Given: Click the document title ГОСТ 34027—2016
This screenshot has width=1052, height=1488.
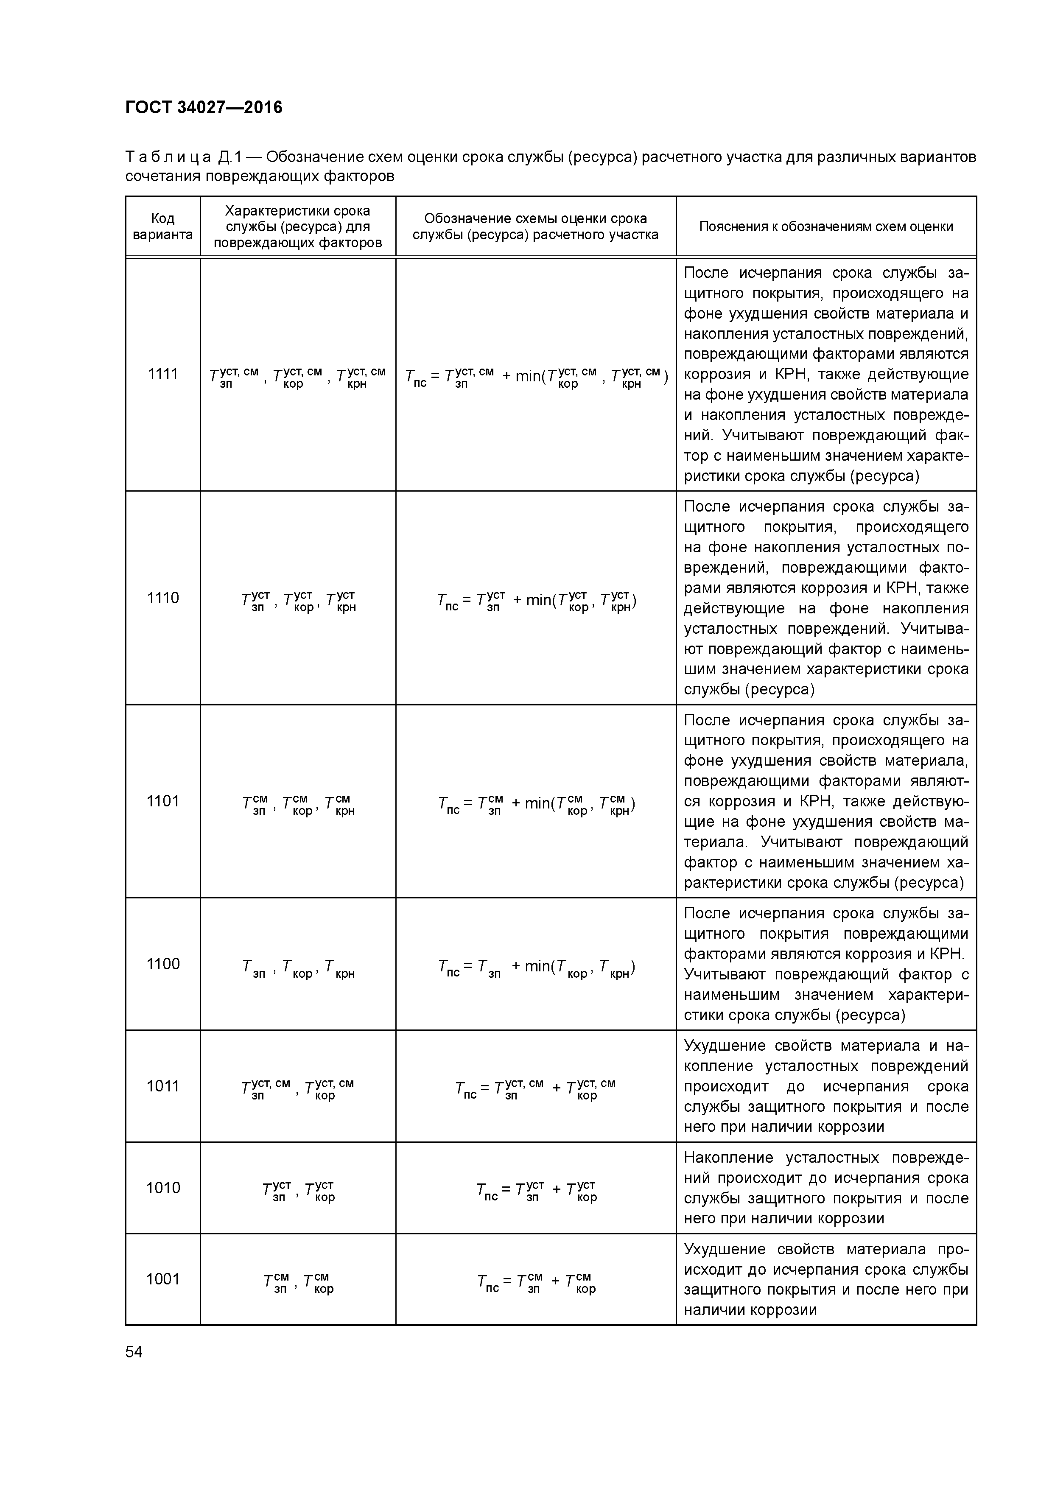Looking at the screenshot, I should point(204,108).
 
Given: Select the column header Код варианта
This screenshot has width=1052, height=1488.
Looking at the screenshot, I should point(163,226).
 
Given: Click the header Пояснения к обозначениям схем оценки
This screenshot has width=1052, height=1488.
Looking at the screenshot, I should point(826,226).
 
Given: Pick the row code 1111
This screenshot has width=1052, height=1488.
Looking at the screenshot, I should point(163,374).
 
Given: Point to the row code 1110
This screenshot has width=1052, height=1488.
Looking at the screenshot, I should point(163,598).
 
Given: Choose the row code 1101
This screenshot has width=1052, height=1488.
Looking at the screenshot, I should point(163,801).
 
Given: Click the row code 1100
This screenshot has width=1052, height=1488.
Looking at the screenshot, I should point(163,964).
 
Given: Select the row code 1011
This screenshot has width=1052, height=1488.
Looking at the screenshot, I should point(163,1085).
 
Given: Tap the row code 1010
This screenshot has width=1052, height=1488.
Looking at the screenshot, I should point(163,1187).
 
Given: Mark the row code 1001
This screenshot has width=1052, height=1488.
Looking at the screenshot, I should point(163,1278).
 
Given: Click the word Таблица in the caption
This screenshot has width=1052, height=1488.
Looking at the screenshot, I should point(168,157).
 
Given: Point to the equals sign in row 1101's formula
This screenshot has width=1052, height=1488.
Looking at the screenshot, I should point(469,804).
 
